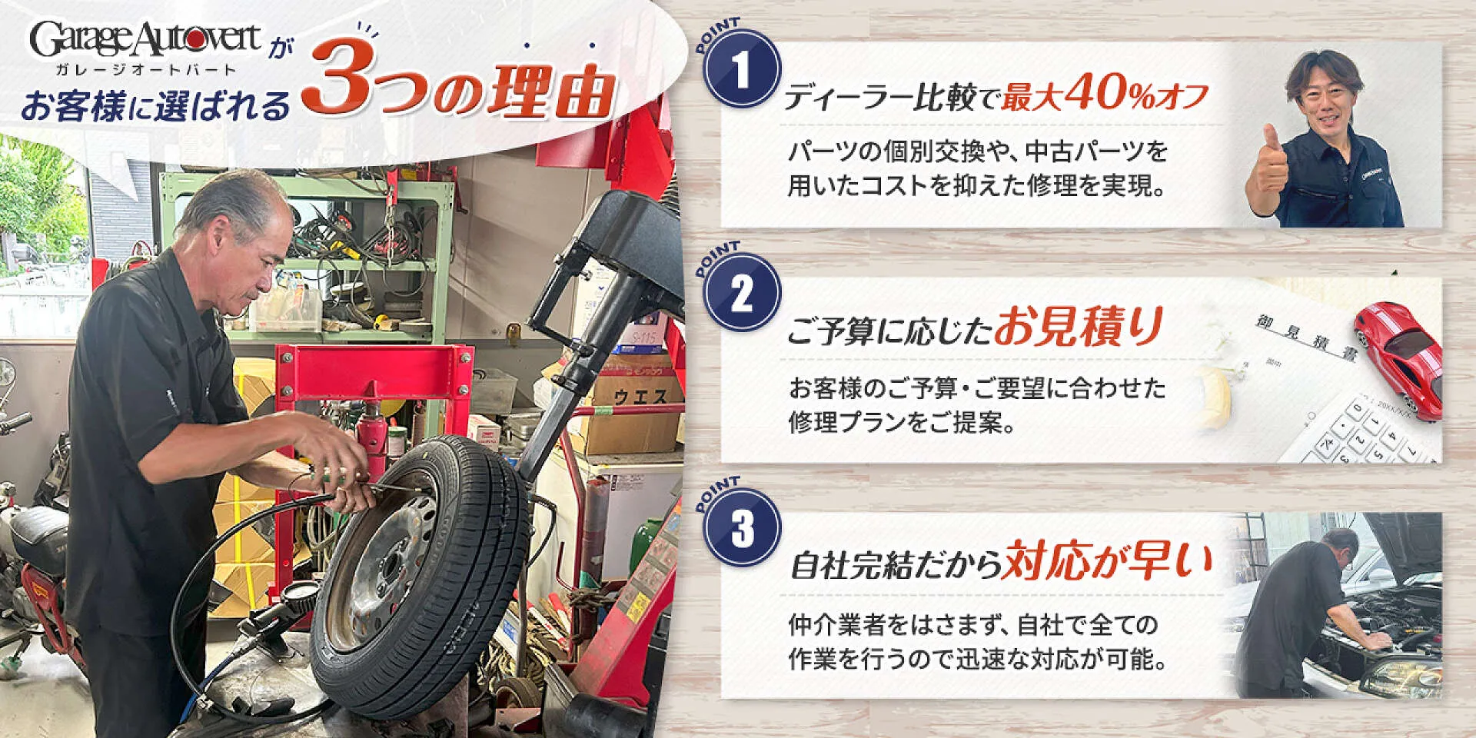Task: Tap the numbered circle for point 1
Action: (x=742, y=69)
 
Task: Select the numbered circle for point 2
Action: (x=742, y=293)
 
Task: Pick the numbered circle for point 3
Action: (x=742, y=528)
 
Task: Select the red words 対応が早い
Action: (x=1107, y=560)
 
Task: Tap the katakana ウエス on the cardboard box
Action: (x=640, y=397)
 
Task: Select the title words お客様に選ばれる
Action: (x=156, y=106)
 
